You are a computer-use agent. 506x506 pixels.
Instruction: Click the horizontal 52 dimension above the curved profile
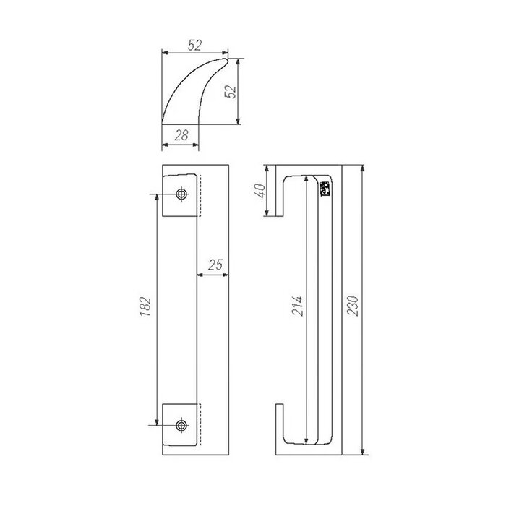[x=194, y=45]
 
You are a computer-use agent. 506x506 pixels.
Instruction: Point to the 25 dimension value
[x=214, y=265]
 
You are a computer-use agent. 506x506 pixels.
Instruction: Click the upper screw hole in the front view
[x=180, y=194]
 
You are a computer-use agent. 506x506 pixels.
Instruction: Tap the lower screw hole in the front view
[x=180, y=424]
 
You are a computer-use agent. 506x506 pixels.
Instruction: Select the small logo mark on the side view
[x=325, y=187]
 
